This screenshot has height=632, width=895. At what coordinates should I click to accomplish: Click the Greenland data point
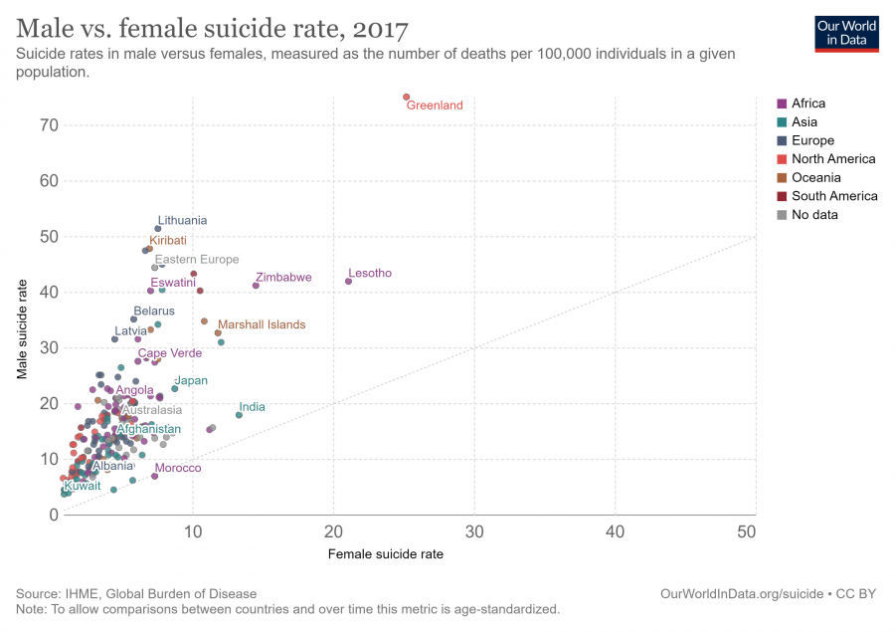[x=406, y=97]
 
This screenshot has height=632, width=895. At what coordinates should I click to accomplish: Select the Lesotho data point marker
[x=348, y=281]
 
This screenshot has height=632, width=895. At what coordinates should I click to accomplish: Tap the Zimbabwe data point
[x=256, y=286]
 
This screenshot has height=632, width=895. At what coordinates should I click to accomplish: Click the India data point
[x=239, y=415]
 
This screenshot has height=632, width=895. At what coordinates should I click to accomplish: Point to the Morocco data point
[x=154, y=476]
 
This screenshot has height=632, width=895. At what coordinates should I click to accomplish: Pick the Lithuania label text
[x=182, y=220]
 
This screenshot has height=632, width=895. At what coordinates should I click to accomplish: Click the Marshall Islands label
[x=262, y=324]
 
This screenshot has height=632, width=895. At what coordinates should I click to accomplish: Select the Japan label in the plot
[x=191, y=380]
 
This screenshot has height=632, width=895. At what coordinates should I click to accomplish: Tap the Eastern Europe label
[x=196, y=260]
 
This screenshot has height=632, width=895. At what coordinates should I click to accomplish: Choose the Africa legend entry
[x=807, y=104]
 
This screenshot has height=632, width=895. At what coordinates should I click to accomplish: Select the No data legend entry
[x=814, y=215]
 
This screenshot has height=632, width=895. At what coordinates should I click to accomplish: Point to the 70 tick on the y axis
[x=49, y=125]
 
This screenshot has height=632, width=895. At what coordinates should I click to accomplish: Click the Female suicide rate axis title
[x=386, y=554]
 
